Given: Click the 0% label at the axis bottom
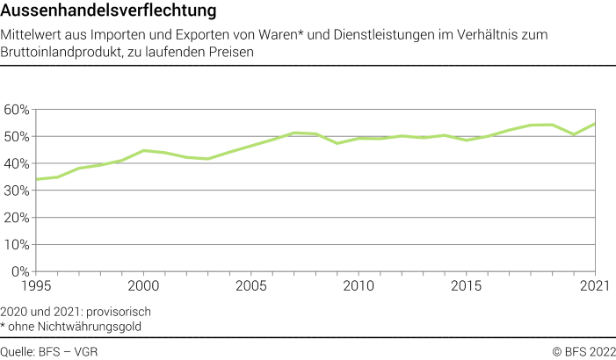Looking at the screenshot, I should tap(19, 273).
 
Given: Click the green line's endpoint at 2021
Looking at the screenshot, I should tap(595, 124).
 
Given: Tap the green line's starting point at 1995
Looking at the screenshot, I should tap(35, 179).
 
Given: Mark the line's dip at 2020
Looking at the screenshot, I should tap(573, 134).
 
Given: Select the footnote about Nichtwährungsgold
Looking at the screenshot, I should tap(71, 327).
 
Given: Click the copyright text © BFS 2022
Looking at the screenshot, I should tap(583, 351).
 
